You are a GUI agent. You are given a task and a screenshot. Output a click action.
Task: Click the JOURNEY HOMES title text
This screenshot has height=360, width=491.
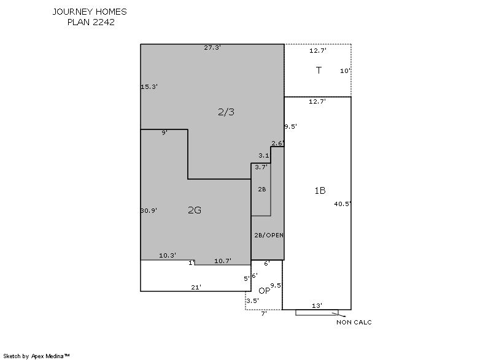[90, 12]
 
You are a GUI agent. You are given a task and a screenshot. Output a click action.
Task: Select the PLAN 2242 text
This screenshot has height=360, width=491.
[91, 22]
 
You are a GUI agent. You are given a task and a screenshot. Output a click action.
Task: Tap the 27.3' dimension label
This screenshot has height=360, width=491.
[212, 48]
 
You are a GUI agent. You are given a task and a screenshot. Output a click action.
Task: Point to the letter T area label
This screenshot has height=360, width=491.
[319, 70]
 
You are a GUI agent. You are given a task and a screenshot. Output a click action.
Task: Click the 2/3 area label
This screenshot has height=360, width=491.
[226, 112]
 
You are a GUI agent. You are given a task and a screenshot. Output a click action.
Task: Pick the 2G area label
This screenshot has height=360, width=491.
[195, 210]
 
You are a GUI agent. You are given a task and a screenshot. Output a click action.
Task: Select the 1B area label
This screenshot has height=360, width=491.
[320, 191]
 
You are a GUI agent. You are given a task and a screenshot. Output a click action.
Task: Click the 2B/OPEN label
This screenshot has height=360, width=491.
[269, 236]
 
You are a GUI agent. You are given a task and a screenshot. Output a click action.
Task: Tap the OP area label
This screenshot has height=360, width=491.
[265, 291]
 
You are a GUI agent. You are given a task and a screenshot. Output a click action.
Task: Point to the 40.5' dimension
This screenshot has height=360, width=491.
[342, 204]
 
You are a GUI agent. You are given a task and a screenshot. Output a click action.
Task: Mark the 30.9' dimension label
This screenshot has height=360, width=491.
[149, 211]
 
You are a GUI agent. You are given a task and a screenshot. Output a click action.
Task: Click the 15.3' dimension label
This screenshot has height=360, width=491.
[149, 86]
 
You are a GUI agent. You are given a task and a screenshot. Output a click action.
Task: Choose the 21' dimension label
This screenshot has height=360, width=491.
[196, 287]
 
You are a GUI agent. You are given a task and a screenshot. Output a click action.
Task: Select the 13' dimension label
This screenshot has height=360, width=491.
[317, 305]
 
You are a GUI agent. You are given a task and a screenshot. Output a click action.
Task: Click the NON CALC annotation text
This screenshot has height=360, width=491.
[354, 322]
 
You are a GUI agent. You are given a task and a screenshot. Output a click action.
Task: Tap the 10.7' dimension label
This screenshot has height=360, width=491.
[223, 261]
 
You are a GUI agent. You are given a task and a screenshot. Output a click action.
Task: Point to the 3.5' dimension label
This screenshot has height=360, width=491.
[252, 301]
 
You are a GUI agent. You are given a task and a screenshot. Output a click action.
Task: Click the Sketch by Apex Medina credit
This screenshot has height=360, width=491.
[36, 356]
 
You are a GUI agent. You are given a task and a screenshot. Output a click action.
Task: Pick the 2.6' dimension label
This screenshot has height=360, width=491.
[278, 144]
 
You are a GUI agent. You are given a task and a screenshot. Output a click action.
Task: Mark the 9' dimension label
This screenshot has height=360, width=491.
[164, 132]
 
